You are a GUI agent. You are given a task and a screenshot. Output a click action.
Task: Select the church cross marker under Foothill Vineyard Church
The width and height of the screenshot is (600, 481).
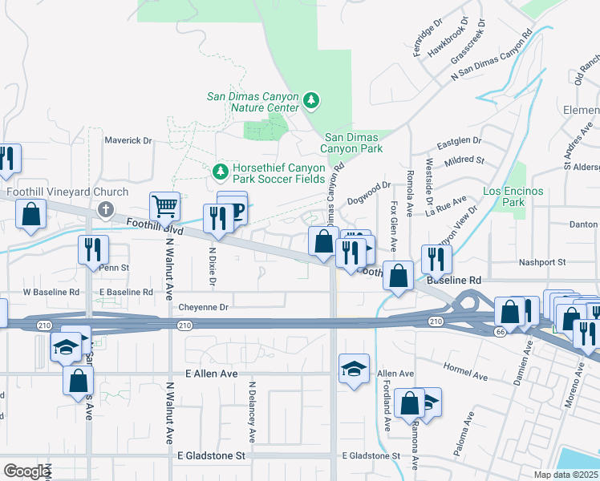point(104,210)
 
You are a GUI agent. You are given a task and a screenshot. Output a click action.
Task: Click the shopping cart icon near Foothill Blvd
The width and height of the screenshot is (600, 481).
point(164,205)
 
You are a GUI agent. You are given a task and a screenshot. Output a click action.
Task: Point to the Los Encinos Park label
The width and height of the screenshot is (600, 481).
point(513,196)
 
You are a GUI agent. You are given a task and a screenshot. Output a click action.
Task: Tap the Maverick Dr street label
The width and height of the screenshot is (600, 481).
point(128,140)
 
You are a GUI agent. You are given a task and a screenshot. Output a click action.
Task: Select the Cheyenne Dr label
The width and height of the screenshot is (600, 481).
point(204,307)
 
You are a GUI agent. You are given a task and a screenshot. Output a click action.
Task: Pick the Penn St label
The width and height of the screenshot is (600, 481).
point(114,267)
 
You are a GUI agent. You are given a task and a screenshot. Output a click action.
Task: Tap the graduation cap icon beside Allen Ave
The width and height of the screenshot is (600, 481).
point(354,369)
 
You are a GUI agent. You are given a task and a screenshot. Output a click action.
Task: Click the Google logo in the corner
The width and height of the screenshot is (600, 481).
point(26,471)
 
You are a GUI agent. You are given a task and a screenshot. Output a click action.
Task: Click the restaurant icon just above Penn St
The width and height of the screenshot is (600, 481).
point(93,249)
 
